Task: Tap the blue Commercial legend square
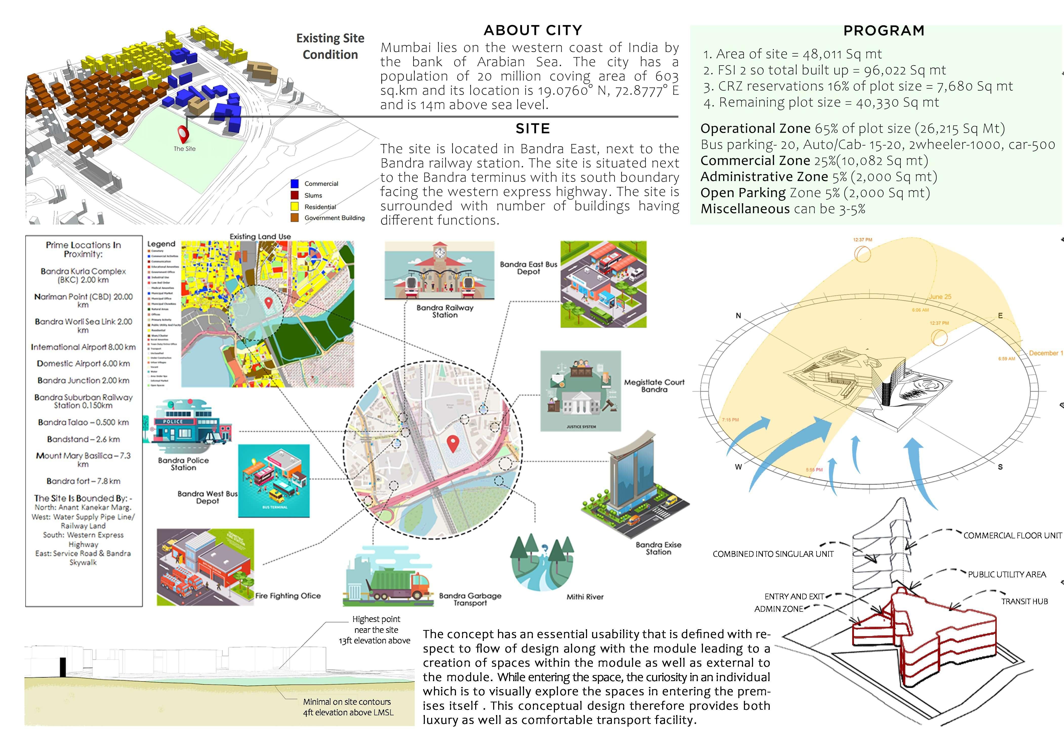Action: point(294,184)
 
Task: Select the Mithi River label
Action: point(585,597)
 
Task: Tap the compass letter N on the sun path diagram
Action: point(738,316)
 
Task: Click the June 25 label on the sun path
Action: point(940,297)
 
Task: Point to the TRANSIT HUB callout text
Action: point(1024,601)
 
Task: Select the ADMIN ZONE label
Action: point(779,609)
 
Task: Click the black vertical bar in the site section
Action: point(62,668)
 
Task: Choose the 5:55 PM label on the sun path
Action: point(814,470)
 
